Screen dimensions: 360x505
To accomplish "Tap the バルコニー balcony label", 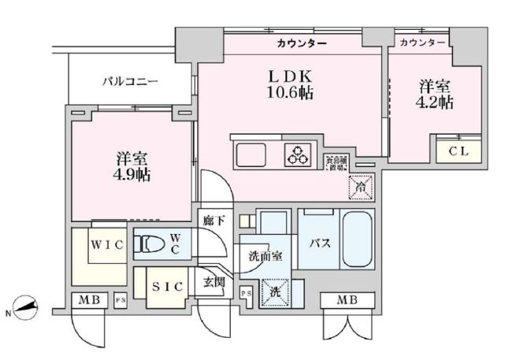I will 131,81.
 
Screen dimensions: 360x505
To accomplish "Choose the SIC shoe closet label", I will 164,287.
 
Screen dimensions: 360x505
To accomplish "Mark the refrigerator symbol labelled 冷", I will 360,187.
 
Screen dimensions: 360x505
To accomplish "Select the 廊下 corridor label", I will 214,222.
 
